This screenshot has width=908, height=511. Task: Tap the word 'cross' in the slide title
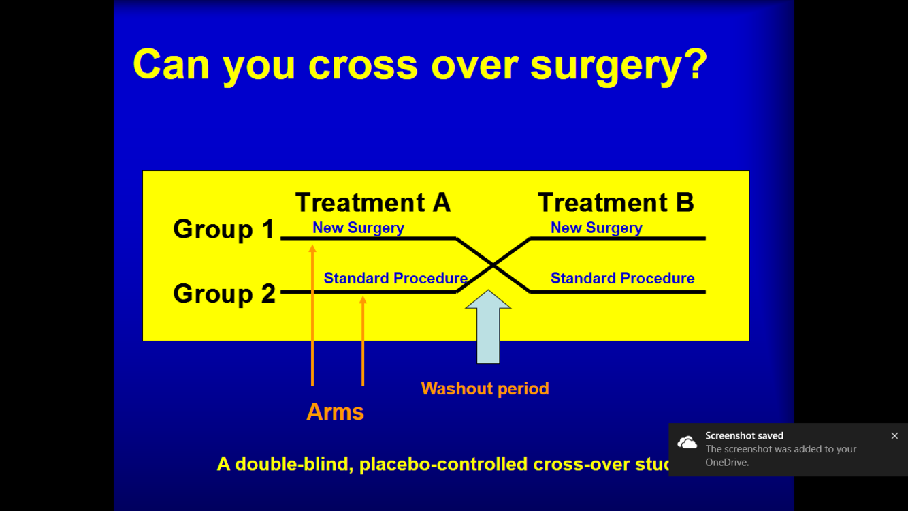click(x=362, y=65)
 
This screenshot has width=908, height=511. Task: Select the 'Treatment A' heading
click(x=373, y=202)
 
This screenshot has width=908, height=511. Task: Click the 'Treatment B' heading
click(x=615, y=202)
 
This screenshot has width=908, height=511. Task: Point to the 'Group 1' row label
click(x=223, y=229)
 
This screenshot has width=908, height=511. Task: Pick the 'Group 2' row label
click(x=224, y=294)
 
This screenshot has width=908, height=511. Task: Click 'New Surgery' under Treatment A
click(x=358, y=228)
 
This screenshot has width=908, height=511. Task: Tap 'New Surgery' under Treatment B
click(x=596, y=228)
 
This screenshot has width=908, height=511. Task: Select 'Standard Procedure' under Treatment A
click(x=395, y=278)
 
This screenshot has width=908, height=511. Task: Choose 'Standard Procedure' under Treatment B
click(x=622, y=278)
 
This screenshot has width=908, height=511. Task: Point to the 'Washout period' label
click(x=485, y=388)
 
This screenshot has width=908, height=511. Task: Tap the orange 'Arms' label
click(x=335, y=412)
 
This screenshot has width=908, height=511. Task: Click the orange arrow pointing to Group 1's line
click(x=312, y=317)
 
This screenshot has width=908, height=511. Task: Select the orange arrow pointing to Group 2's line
click(x=363, y=341)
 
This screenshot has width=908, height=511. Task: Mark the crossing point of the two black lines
click(x=493, y=265)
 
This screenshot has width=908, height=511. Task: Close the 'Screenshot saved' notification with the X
click(x=894, y=436)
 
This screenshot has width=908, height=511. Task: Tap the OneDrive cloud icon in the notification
click(x=687, y=443)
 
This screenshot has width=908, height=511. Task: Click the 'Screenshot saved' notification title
click(x=744, y=435)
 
